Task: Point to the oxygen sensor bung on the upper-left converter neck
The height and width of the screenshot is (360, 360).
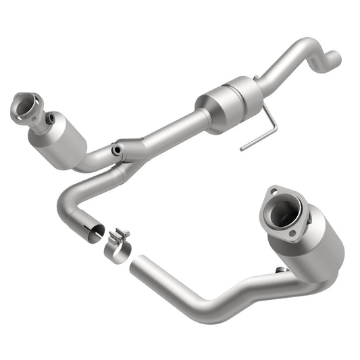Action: (51, 118)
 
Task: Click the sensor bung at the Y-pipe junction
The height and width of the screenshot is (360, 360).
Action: (118, 149)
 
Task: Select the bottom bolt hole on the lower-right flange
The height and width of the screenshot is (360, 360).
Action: (292, 233)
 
